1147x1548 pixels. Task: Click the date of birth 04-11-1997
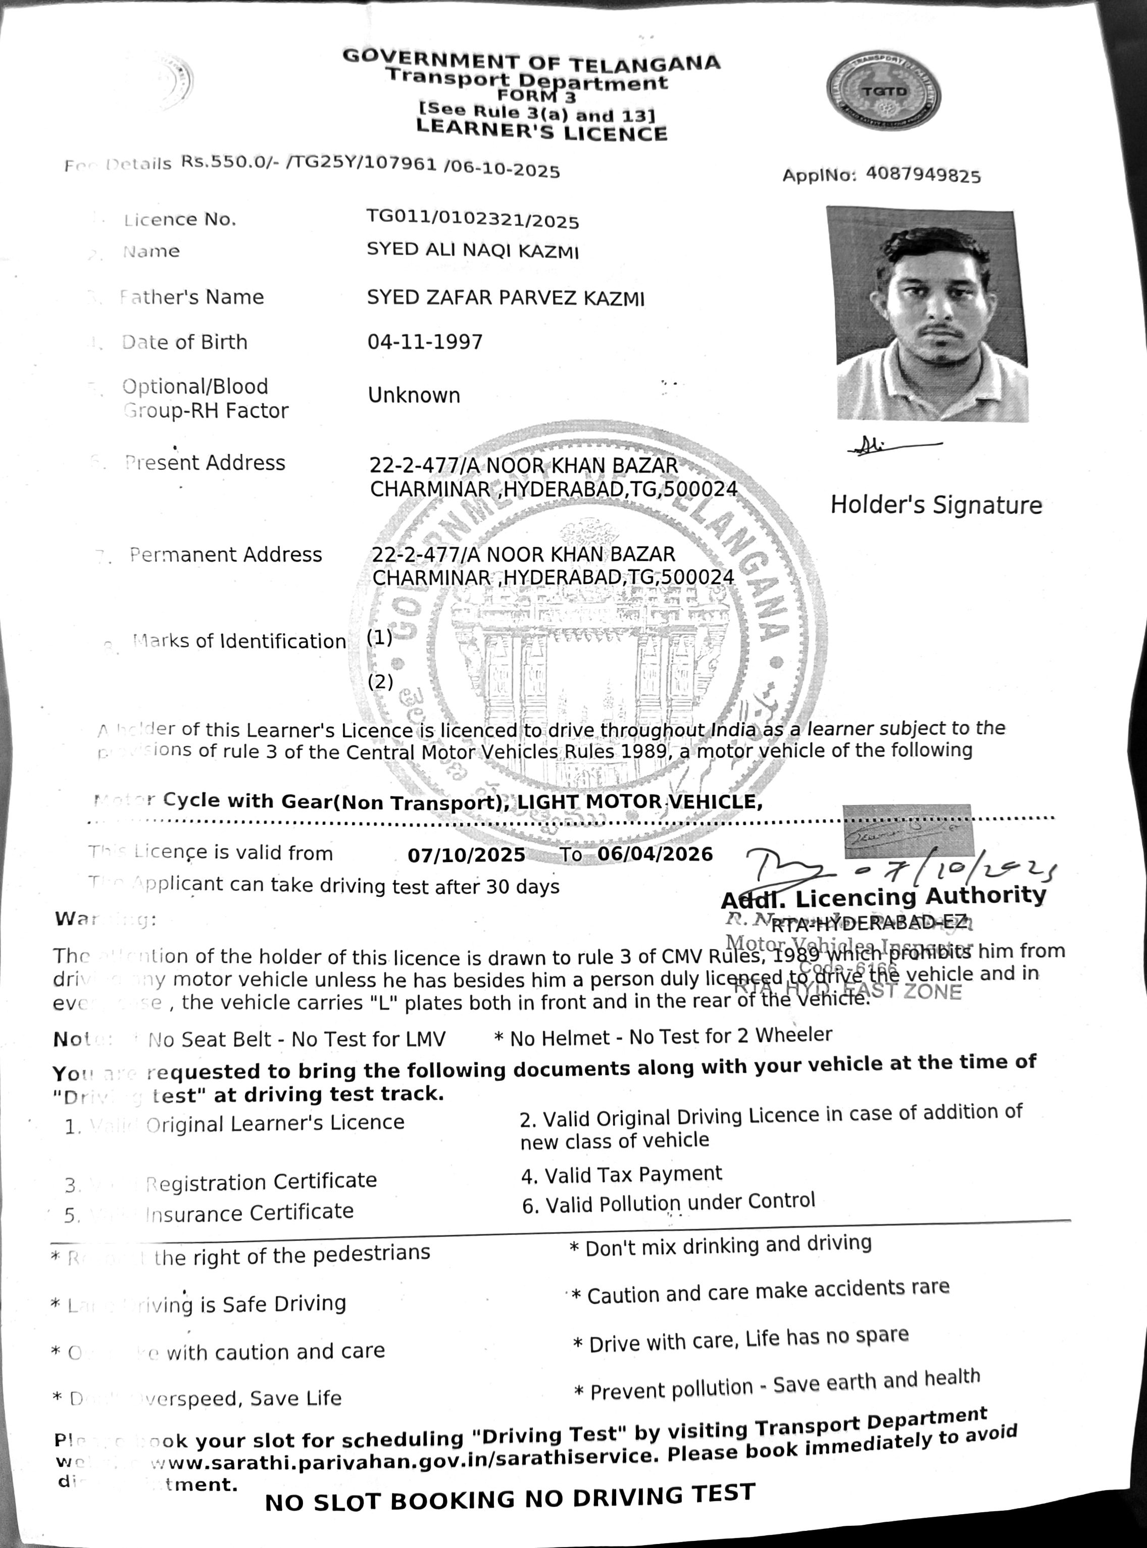[425, 341]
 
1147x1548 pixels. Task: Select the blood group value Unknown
[414, 395]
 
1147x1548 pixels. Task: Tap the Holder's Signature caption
[936, 505]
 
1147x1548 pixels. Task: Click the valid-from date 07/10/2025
[467, 855]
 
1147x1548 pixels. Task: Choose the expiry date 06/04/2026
[655, 853]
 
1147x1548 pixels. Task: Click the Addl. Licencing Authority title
[883, 897]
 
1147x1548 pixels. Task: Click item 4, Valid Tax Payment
[621, 1174]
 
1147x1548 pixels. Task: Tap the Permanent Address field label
[226, 555]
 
